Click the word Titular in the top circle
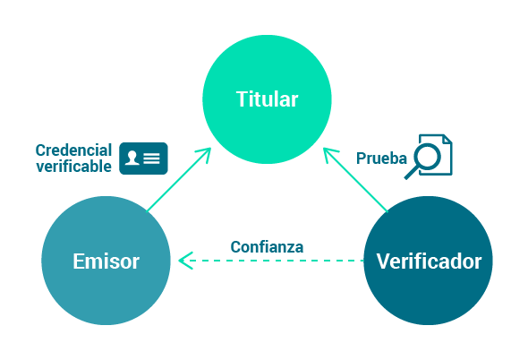pyautogui.click(x=267, y=99)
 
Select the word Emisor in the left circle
pyautogui.click(x=106, y=261)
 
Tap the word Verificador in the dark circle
pyautogui.click(x=429, y=261)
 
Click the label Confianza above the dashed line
pyautogui.click(x=267, y=247)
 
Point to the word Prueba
pyautogui.click(x=381, y=159)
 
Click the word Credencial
pyautogui.click(x=73, y=150)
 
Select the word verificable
pyautogui.click(x=73, y=167)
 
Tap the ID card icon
pyautogui.click(x=143, y=159)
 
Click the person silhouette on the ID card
pyautogui.click(x=132, y=158)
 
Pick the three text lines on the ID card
pyautogui.click(x=151, y=159)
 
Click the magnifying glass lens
pyautogui.click(x=427, y=157)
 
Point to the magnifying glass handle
pyautogui.click(x=411, y=173)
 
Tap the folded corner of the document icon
pyautogui.click(x=447, y=139)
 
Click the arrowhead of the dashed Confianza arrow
pyautogui.click(x=185, y=261)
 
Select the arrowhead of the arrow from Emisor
pyautogui.click(x=204, y=154)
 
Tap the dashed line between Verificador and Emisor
pyautogui.click(x=271, y=261)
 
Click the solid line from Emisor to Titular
pyautogui.click(x=179, y=180)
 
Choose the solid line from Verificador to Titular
pyautogui.click(x=355, y=180)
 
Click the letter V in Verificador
pyautogui.click(x=383, y=261)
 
